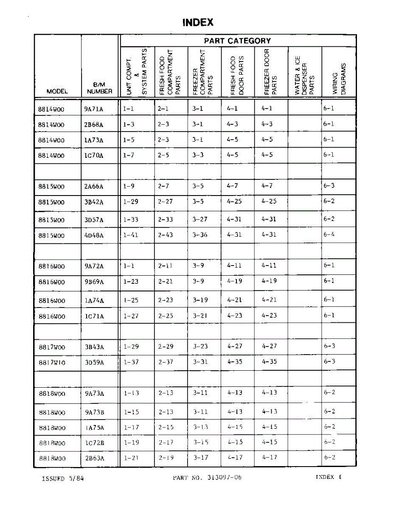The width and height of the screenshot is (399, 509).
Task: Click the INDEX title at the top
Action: (198, 22)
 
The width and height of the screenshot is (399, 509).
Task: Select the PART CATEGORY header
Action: (237, 41)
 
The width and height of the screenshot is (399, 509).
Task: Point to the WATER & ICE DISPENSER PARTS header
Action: (304, 76)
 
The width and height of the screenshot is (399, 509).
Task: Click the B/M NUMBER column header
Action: (99, 88)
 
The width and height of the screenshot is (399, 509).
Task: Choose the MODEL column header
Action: (57, 91)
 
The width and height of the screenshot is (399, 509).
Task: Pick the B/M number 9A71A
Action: (94, 109)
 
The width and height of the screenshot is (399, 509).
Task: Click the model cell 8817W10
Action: (52, 363)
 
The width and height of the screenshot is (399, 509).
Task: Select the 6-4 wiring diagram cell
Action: (329, 234)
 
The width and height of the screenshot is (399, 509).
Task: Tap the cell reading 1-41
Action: (131, 235)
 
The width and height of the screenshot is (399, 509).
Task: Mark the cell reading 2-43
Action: (166, 235)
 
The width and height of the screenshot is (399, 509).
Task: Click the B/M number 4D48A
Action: (94, 235)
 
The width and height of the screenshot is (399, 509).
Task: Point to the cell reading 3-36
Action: (200, 235)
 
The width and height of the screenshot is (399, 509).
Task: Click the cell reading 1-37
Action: (131, 362)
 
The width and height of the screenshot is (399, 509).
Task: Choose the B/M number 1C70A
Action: (94, 156)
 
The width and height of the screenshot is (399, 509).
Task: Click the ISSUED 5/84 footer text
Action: (63, 478)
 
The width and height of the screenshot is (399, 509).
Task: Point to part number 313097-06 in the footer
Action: (207, 477)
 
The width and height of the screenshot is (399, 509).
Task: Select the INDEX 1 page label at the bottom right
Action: (329, 477)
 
